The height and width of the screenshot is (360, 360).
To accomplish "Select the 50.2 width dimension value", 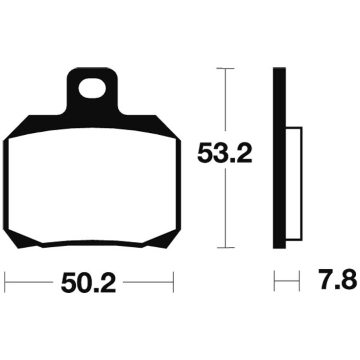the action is point(88,282).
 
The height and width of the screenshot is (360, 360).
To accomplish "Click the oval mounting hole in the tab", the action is point(92,88).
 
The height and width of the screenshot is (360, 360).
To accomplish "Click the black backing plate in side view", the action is point(279,158).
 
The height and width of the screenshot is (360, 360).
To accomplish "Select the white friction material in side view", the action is point(294,184).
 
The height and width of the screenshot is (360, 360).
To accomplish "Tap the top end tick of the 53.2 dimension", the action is point(225,69).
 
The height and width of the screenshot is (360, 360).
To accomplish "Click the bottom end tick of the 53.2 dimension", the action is point(226,248).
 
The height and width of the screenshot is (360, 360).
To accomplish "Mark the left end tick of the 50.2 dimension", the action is point(5,282).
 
